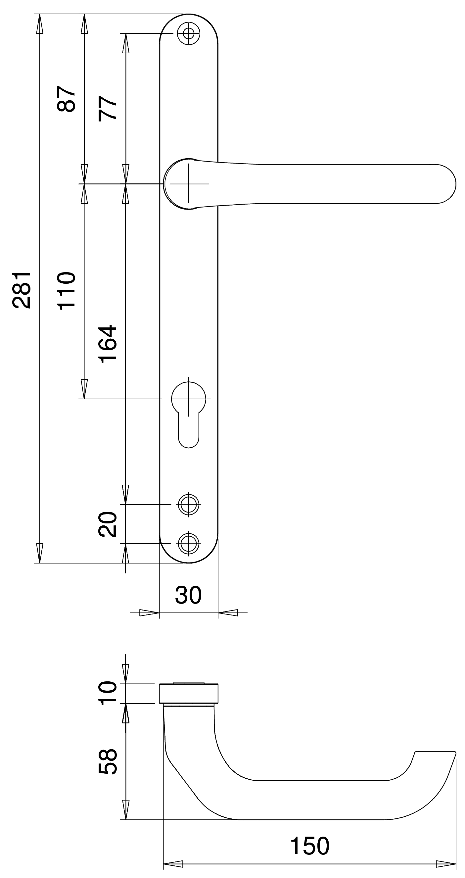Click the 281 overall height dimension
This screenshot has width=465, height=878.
[22, 290]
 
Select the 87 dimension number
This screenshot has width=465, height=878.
[66, 99]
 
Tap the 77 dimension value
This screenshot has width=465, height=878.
[108, 108]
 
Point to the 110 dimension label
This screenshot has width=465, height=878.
[66, 290]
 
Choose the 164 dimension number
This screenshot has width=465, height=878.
[108, 343]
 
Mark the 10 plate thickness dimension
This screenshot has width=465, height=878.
[108, 693]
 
